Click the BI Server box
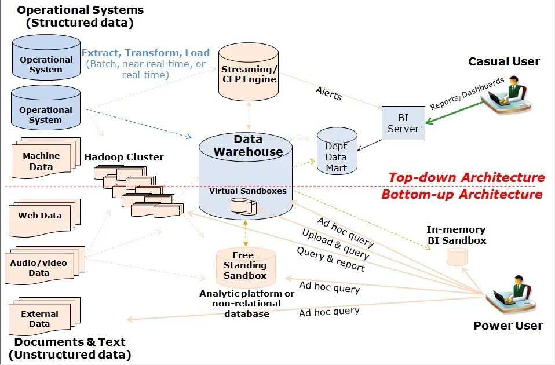coord(403,123)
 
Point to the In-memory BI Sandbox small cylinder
coord(457,257)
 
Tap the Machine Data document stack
coord(43,160)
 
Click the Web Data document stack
coord(41,217)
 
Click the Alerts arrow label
coord(328,93)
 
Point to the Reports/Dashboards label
coord(467,94)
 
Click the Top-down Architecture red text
coord(466,177)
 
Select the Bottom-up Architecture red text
coord(462,194)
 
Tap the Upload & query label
coord(335,244)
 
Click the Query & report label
coord(331,259)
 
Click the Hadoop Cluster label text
coord(124,157)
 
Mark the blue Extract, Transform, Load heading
coord(145,53)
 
